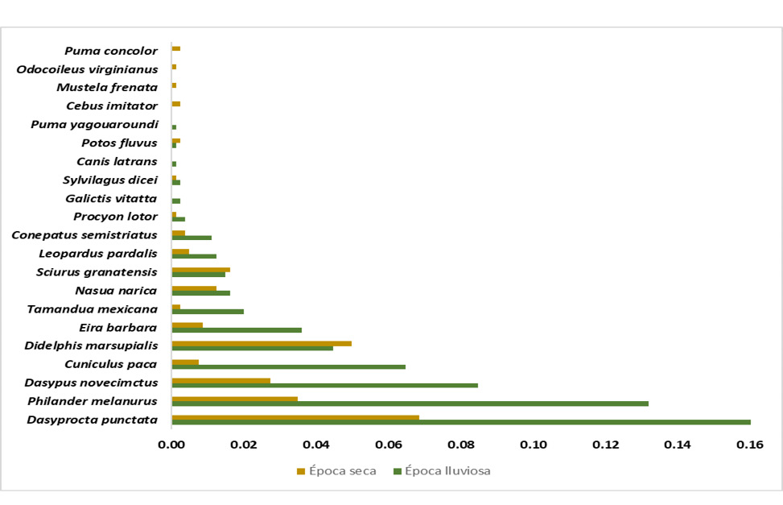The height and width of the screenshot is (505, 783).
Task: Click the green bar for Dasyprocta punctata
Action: point(460,422)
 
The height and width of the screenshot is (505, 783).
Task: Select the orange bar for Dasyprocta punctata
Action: point(295,417)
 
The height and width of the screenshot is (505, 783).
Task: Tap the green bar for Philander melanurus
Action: point(410,404)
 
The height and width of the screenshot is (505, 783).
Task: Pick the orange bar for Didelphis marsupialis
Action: point(262,343)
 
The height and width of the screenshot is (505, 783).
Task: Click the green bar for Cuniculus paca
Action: point(288,366)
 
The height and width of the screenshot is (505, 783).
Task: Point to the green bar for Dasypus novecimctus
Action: point(324,385)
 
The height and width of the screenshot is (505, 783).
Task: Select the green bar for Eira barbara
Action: point(237,329)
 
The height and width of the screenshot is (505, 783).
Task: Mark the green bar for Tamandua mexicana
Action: point(208,311)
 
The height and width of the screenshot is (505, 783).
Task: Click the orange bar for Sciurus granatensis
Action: point(200,270)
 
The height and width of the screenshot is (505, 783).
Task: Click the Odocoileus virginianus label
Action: point(87,69)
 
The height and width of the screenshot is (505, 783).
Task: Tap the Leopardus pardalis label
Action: point(98,254)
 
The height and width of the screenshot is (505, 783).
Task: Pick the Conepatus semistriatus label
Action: point(84,235)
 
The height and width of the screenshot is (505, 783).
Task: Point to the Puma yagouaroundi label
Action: point(94,125)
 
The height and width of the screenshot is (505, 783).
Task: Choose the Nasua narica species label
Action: point(116,291)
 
